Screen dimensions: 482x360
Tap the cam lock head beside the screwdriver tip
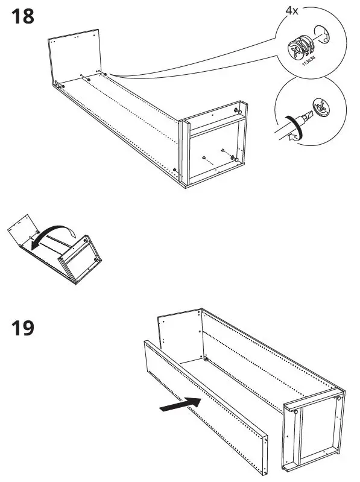(x=320, y=108)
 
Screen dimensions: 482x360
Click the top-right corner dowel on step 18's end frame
(x=238, y=111)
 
